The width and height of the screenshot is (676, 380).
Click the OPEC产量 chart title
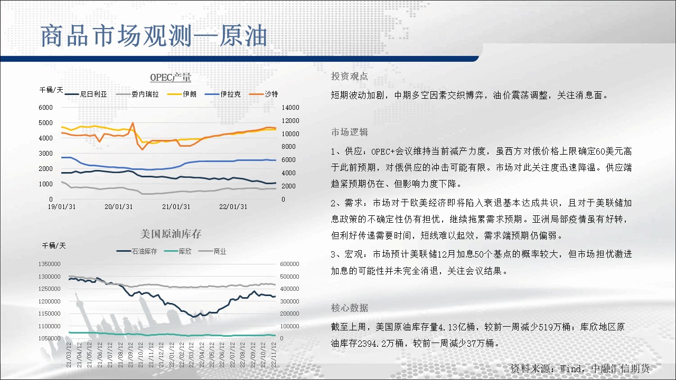point(171,78)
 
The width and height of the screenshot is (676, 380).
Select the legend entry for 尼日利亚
point(86,94)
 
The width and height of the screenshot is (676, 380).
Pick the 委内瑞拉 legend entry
point(137,94)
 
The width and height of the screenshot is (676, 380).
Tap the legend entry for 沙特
point(264,94)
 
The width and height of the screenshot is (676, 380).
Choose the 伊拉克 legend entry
point(223,94)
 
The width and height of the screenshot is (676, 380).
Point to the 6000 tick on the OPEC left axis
point(45,108)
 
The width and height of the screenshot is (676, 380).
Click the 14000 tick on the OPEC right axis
point(290,108)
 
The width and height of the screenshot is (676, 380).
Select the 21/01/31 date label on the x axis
point(176,207)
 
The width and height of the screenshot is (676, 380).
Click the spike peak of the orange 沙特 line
point(133,123)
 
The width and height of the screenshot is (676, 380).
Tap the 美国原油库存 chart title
point(171,234)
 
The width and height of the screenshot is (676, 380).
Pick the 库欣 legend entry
point(178,252)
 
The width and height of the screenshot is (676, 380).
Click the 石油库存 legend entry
point(137,252)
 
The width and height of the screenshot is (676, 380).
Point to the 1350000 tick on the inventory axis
point(49,264)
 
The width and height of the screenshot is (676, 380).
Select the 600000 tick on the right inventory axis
point(289,264)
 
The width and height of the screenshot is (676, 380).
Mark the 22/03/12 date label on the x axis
point(191,355)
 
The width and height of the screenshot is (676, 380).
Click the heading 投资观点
point(350,77)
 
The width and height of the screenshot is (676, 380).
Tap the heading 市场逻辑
point(350,132)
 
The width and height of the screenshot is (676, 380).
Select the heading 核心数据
point(350,308)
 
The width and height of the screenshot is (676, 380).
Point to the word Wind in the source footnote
point(570,368)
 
